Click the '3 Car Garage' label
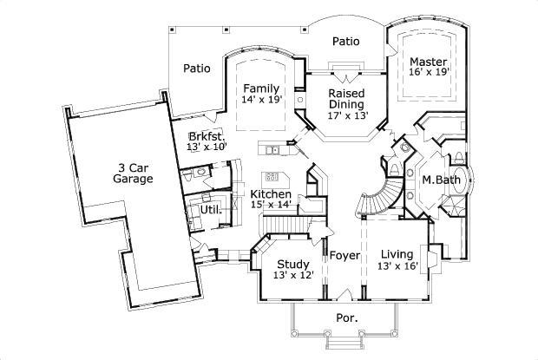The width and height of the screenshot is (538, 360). [133, 173]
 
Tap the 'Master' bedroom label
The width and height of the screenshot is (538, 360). [428, 62]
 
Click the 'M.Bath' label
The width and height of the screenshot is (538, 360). [440, 180]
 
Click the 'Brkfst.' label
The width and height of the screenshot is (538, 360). [206, 136]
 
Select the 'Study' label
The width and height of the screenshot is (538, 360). [293, 264]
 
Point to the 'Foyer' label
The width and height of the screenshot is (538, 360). [344, 255]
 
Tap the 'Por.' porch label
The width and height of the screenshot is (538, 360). [346, 318]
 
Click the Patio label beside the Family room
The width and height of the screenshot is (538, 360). [197, 69]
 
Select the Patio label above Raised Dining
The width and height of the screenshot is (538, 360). [346, 41]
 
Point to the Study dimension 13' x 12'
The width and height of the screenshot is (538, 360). [293, 276]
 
